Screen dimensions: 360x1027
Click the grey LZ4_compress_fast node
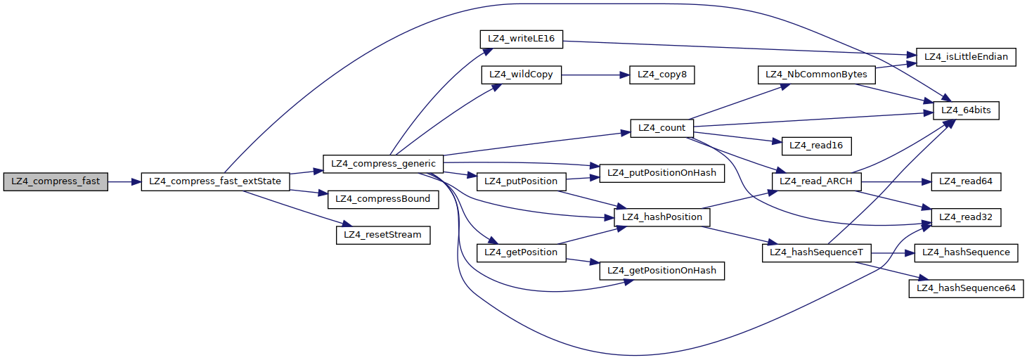coord(56,181)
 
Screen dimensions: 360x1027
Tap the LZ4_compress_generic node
coord(382,164)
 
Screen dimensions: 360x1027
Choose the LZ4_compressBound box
coord(382,199)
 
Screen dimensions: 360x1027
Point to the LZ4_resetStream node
coord(382,234)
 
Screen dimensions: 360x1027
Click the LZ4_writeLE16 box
coord(521,39)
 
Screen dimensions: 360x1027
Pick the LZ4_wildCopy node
coord(521,75)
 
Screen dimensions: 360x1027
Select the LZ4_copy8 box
coord(662,75)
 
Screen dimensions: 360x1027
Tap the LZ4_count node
coord(662,128)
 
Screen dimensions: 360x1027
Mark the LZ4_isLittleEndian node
coord(965,57)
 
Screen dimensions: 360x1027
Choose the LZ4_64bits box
coord(965,110)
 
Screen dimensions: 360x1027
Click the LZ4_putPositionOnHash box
coord(661,173)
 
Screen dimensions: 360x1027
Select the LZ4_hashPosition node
coord(661,217)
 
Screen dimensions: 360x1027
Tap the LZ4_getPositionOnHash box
coord(661,271)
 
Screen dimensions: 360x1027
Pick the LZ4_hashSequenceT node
coord(816,252)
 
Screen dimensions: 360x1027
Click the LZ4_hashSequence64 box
coord(966,288)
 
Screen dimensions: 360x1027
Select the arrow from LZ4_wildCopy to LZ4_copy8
coord(590,75)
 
